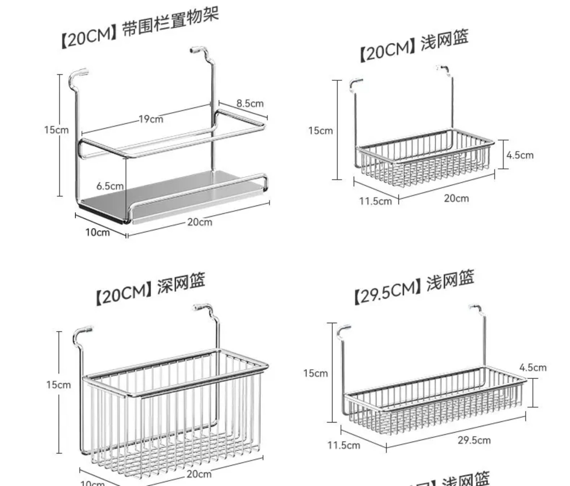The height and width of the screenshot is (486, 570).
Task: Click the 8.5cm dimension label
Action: coord(250,103)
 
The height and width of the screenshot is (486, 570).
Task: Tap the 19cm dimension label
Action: coord(151,119)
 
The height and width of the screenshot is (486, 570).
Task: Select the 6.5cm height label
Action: coord(110,186)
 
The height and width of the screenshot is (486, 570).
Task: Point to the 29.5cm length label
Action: coord(474,440)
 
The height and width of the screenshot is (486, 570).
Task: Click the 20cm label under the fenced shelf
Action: coord(200,222)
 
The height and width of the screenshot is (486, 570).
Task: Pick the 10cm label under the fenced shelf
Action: coord(97,232)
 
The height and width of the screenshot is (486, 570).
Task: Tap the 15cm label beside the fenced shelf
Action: coord(56,130)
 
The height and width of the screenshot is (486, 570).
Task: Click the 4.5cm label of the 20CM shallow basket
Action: coord(520,155)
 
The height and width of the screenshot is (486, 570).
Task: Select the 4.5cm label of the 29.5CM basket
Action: coord(533,367)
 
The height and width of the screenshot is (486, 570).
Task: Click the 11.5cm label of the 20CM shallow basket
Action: coord(376,201)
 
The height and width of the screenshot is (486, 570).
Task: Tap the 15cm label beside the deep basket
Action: coord(58,384)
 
